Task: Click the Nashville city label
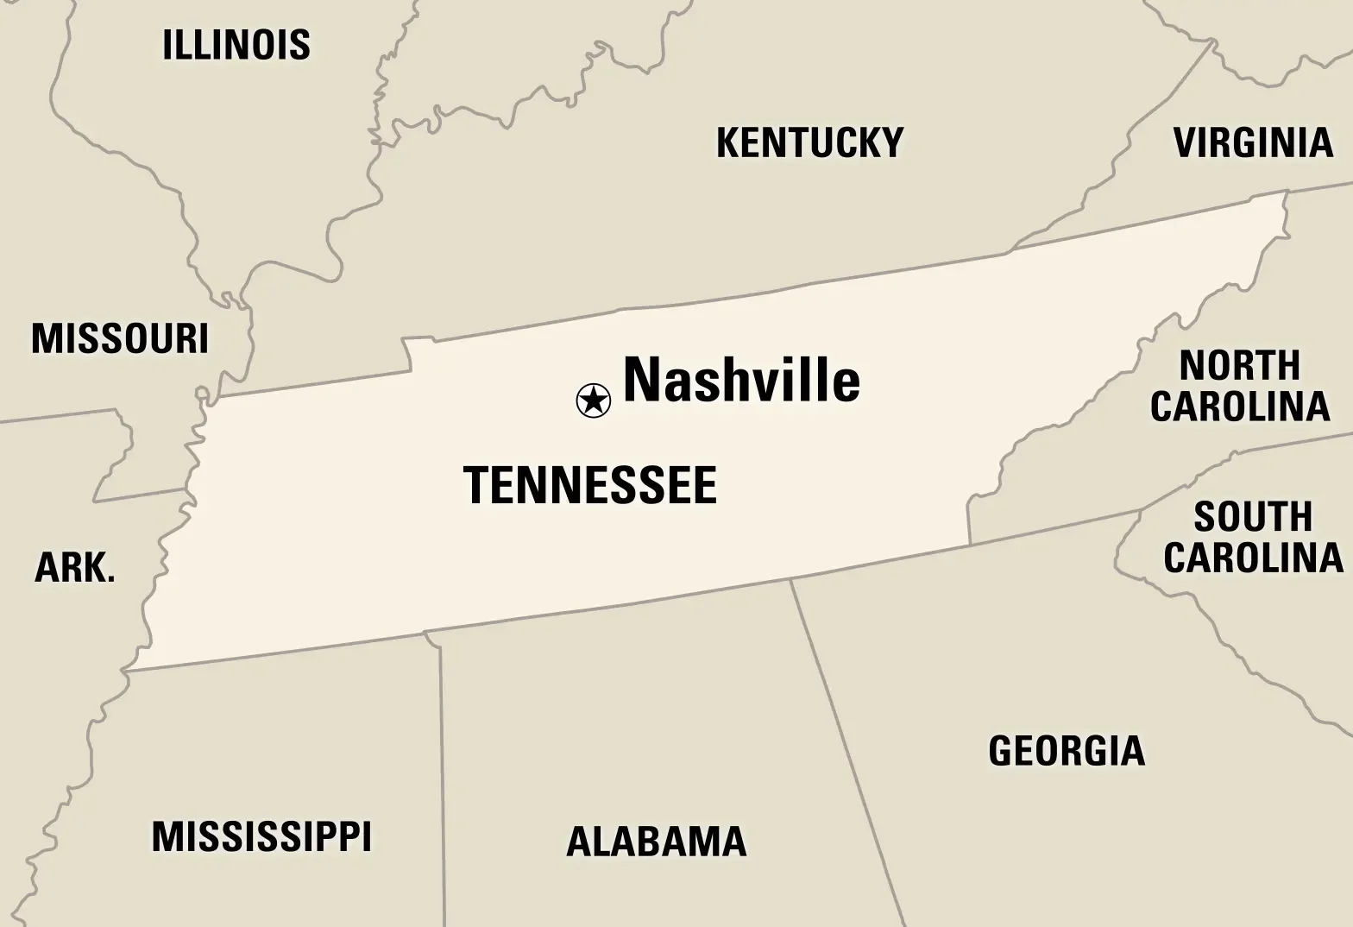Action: tap(741, 381)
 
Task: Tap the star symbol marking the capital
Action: tap(593, 400)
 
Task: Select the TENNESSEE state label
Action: tap(590, 485)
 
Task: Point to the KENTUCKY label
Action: tap(809, 142)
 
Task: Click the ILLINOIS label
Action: tap(236, 45)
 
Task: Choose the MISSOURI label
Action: tap(120, 338)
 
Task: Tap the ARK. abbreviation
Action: tap(75, 568)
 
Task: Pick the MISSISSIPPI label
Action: tap(261, 836)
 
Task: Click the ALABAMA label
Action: tap(656, 842)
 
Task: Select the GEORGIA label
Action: tap(1067, 750)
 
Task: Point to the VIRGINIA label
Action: tap(1253, 142)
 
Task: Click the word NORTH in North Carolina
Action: tap(1240, 366)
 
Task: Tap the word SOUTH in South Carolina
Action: tap(1253, 518)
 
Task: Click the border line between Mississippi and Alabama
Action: tap(443, 777)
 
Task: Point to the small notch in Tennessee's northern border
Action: tap(407, 352)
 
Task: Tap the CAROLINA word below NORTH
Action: tap(1240, 407)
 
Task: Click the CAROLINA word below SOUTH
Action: tap(1253, 558)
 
